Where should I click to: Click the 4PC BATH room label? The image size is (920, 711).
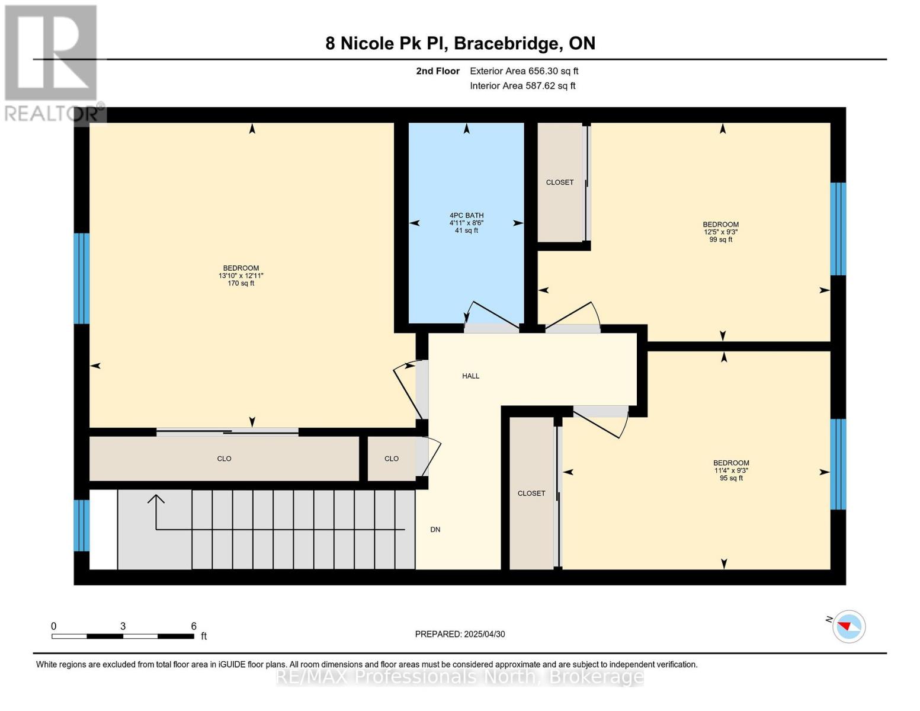tap(466, 215)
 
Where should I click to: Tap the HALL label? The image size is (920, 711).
tap(470, 376)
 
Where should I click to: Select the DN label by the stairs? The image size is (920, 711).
tap(435, 529)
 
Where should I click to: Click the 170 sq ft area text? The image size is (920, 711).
tap(241, 283)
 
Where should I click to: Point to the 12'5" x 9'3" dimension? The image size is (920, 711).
tap(720, 232)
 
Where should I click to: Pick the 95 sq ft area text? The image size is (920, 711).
tap(731, 478)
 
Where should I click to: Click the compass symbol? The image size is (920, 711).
tap(848, 626)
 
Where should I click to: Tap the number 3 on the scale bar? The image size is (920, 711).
tap(123, 626)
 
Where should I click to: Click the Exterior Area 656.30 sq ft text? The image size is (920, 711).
tap(524, 71)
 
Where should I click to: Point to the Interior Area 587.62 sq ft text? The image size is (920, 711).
tap(522, 85)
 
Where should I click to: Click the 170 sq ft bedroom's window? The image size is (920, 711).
tap(82, 278)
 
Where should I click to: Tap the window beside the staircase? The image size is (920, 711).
tap(82, 526)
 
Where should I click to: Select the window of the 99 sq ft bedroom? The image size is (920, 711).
tap(838, 229)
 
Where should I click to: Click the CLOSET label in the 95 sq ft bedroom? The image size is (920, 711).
tap(531, 494)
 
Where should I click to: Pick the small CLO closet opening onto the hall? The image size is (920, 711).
tap(392, 459)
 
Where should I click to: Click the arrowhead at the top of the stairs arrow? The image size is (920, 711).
tap(156, 499)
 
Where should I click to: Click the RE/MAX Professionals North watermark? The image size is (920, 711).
tap(460, 677)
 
